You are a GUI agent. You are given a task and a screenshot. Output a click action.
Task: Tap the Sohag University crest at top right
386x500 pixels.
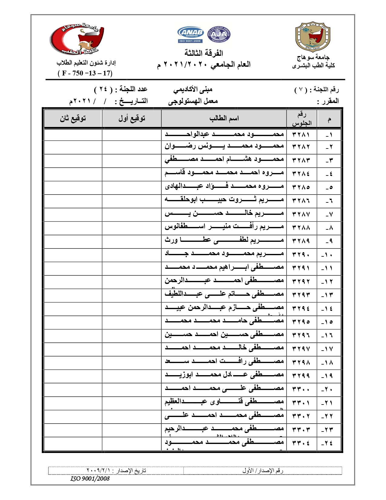click(x=313, y=37)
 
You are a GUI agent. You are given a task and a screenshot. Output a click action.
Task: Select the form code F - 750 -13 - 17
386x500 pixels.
click(x=85, y=73)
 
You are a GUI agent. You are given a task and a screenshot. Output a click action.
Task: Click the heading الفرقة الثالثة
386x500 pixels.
click(x=204, y=53)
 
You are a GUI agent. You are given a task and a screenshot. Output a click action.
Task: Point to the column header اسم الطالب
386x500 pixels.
click(x=224, y=118)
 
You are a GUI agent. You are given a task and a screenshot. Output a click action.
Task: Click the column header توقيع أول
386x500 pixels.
click(x=132, y=118)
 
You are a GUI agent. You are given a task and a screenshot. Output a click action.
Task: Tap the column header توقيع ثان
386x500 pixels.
click(x=73, y=118)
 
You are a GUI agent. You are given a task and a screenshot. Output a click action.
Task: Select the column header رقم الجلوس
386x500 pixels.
click(x=302, y=118)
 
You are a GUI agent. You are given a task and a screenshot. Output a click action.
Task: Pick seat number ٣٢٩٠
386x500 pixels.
click(x=301, y=254)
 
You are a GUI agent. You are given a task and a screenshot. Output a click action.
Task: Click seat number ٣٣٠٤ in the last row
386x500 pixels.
click(x=301, y=443)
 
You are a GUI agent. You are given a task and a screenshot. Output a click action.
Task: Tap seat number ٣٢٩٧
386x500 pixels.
click(x=301, y=348)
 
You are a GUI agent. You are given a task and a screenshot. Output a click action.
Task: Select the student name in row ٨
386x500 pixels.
click(x=224, y=227)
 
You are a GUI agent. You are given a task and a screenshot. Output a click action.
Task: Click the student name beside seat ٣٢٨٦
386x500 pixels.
click(x=224, y=200)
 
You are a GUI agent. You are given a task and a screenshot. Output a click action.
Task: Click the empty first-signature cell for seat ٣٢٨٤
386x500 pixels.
click(x=132, y=173)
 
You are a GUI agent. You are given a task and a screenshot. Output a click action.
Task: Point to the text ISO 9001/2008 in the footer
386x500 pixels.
click(x=90, y=478)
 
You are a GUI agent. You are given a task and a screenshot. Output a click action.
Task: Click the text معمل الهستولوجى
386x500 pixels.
click(x=193, y=101)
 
